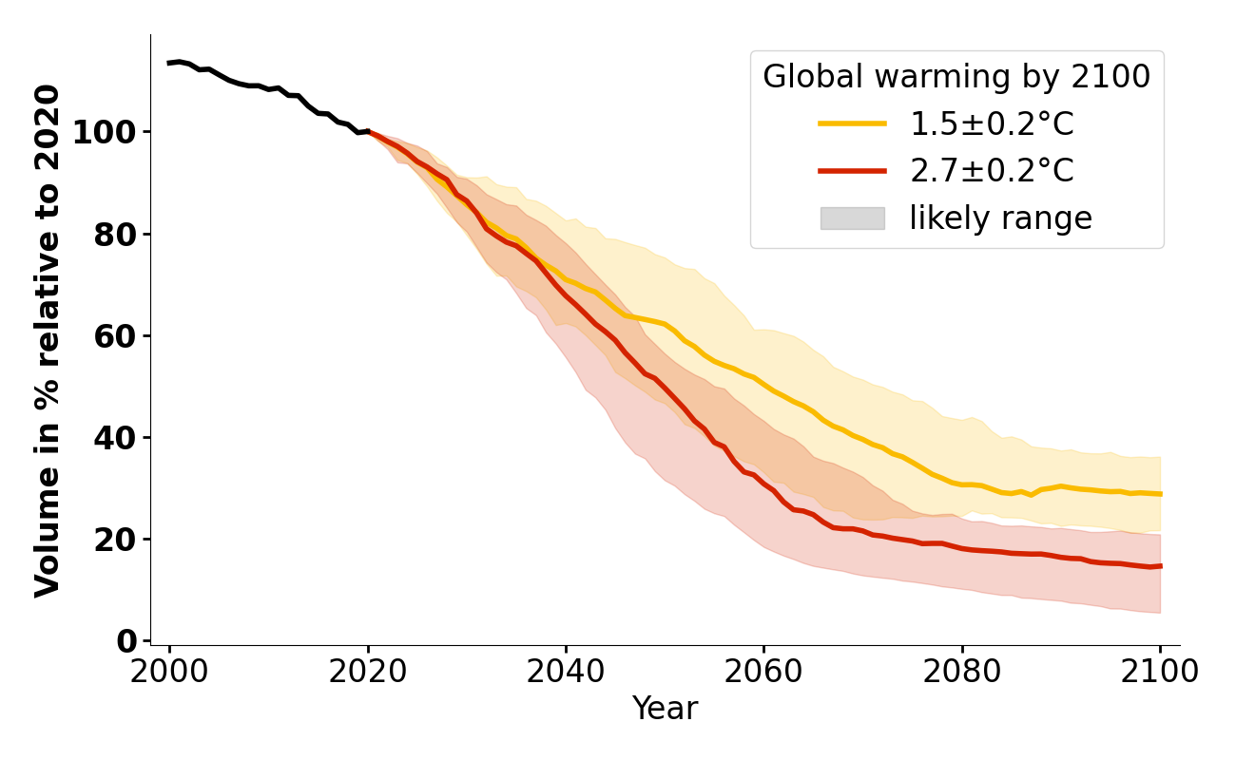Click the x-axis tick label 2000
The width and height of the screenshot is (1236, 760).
pos(169,673)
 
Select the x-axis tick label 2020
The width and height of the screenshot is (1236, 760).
pos(368,673)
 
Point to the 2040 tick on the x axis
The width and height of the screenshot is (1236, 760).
pos(566,673)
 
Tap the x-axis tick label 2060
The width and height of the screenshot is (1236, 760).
pos(763,673)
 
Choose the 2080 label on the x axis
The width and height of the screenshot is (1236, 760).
pos(962,673)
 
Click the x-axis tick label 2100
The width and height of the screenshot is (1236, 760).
pos(1160,673)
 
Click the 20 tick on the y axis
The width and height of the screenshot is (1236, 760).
pos(115,540)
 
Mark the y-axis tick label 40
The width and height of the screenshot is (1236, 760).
pos(115,438)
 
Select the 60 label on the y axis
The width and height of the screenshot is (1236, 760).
pos(115,336)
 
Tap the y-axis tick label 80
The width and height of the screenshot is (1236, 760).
pos(115,235)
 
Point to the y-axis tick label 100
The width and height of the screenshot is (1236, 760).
pos(102,132)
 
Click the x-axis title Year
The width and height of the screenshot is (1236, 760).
pos(665,709)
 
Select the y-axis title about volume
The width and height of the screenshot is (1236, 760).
pos(48,340)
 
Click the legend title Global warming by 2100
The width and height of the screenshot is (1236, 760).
pos(956,77)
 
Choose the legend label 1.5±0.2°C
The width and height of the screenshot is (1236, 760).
pos(992,124)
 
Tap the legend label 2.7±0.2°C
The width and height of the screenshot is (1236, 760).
pos(992,171)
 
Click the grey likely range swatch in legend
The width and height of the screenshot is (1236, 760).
pos(852,218)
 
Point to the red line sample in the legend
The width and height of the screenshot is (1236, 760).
pos(852,171)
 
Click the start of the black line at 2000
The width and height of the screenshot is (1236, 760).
pos(169,63)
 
